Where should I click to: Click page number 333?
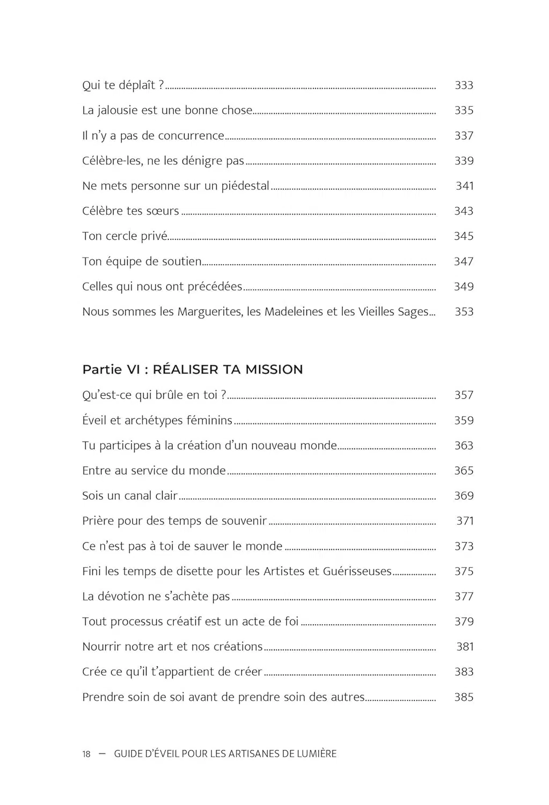pos(464,85)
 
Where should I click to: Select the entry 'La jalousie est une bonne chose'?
pos(167,111)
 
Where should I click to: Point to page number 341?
pos(464,186)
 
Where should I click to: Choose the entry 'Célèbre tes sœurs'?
pos(130,211)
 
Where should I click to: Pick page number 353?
pos(464,312)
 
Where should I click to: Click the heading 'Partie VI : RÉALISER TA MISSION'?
pos(192,369)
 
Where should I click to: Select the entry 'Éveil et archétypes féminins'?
pos(157,420)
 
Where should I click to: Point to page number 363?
pos(464,445)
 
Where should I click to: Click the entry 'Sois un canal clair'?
pos(130,496)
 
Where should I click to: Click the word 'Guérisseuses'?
pos(357,572)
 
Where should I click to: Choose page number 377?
pos(464,596)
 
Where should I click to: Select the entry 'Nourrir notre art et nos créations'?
pos(172,647)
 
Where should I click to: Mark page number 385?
pos(464,697)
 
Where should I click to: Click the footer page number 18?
pos(86,754)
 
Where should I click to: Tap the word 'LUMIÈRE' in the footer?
pos(317,753)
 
